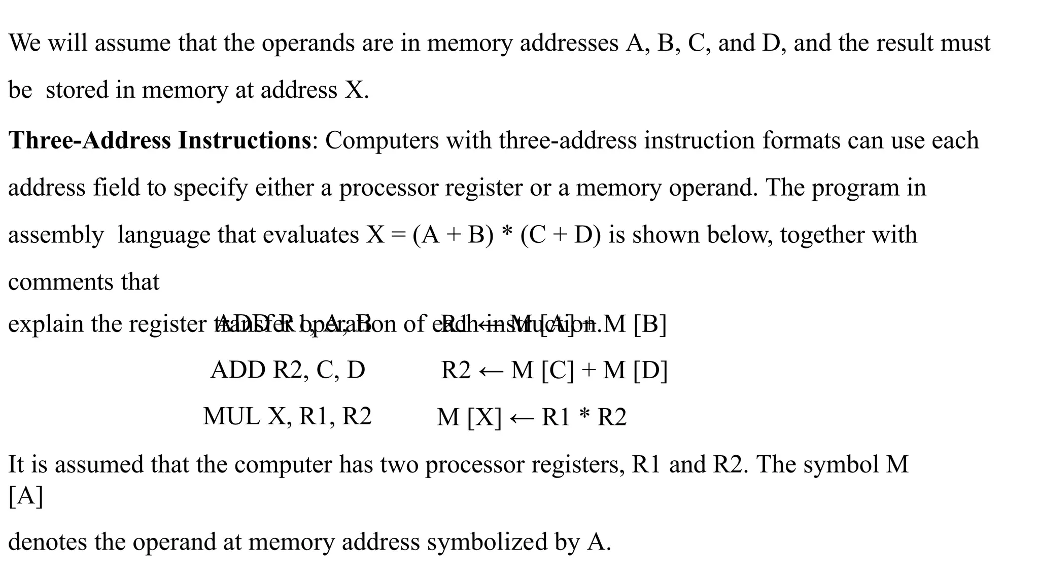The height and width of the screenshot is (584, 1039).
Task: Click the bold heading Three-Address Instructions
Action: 159,140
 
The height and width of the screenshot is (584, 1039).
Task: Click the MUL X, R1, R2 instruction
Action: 287,417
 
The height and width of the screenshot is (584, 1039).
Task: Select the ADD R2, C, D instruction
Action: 288,370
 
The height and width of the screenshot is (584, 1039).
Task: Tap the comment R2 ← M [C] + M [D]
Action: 554,370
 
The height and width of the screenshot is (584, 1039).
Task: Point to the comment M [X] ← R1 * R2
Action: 532,417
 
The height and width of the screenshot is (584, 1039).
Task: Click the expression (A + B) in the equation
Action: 453,235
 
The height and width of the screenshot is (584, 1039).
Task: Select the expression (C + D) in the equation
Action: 561,235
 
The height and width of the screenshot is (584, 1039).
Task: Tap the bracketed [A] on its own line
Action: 25,496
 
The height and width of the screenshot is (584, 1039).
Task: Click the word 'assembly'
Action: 56,235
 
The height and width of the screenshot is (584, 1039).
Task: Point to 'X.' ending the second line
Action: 357,90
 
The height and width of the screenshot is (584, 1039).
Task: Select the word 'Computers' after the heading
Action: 382,140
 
